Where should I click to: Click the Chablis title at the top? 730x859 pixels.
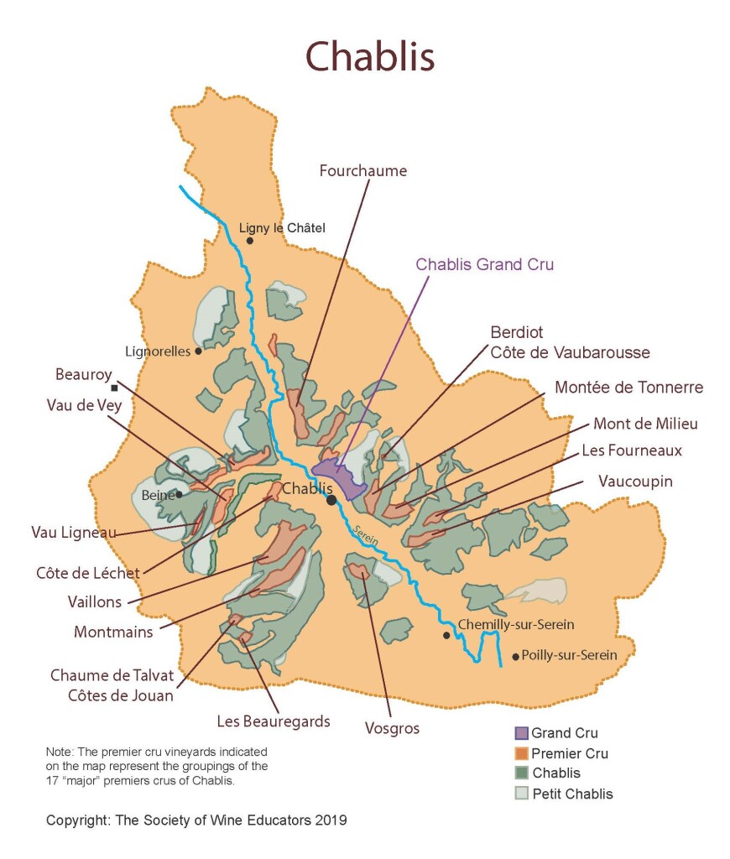pos(369,57)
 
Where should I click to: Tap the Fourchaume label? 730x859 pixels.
pos(362,171)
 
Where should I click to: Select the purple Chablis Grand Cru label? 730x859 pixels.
pos(484,264)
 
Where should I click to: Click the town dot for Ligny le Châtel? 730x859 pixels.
pos(249,241)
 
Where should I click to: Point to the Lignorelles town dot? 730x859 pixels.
pos(198,351)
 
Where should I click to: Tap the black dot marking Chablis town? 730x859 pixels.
pos(331,500)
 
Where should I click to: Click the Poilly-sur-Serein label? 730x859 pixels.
pos(569,655)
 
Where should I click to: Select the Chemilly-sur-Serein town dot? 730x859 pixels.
pos(446,635)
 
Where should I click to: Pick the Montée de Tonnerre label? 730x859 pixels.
pos(628,388)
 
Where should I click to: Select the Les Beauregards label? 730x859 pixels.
pos(274,721)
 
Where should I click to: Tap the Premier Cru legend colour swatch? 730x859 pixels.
pos(521,753)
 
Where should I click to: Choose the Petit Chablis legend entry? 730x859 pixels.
pos(572,794)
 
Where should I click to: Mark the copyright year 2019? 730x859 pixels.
pos(331,820)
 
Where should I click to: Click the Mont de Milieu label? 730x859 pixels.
pos(645,424)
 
